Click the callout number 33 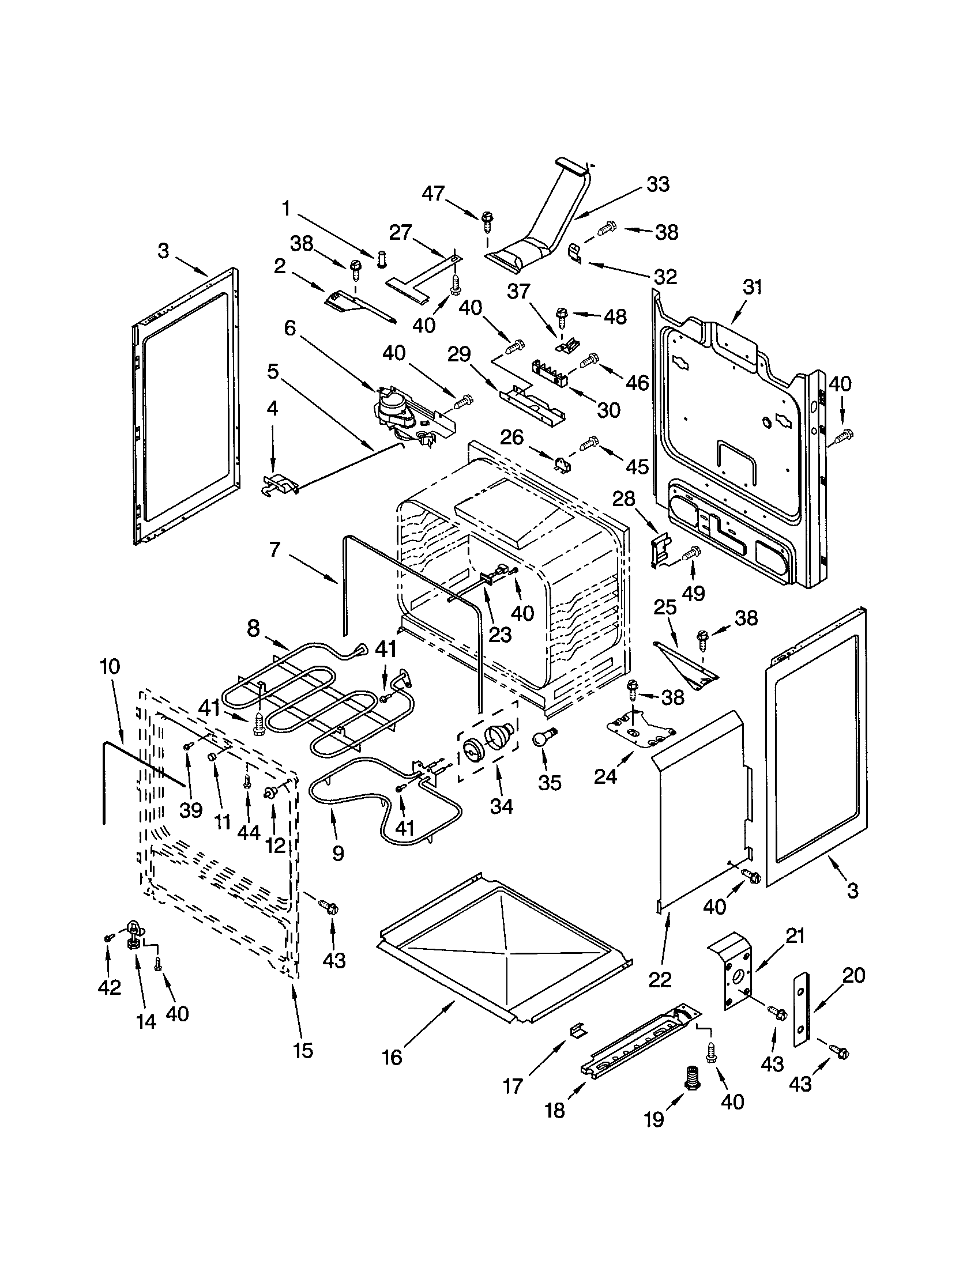[x=658, y=184]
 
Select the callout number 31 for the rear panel [x=752, y=288]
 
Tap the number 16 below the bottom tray [x=393, y=1057]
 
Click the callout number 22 [x=660, y=980]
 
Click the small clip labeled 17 [x=578, y=1029]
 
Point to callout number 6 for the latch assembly [x=290, y=329]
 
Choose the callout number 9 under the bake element [x=338, y=853]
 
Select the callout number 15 [x=303, y=1050]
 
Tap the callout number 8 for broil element [x=253, y=629]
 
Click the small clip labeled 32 [x=575, y=254]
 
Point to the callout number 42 [x=109, y=987]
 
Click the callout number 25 [x=665, y=608]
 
